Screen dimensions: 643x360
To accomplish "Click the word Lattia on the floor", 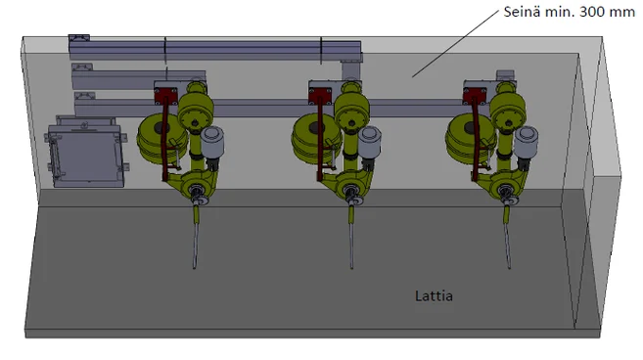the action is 434,295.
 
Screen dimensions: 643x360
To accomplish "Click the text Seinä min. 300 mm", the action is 570,12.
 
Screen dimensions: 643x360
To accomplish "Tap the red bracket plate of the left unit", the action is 165,96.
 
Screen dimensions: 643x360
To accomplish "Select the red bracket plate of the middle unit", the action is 320,96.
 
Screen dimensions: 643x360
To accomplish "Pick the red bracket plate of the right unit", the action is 475,96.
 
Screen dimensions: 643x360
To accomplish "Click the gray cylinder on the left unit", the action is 212,142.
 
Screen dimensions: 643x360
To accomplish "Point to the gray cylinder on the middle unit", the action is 370,142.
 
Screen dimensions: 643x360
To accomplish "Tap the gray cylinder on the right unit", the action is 527,142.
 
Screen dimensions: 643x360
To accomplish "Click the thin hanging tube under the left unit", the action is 196,237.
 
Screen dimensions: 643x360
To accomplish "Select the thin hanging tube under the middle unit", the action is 351,237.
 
